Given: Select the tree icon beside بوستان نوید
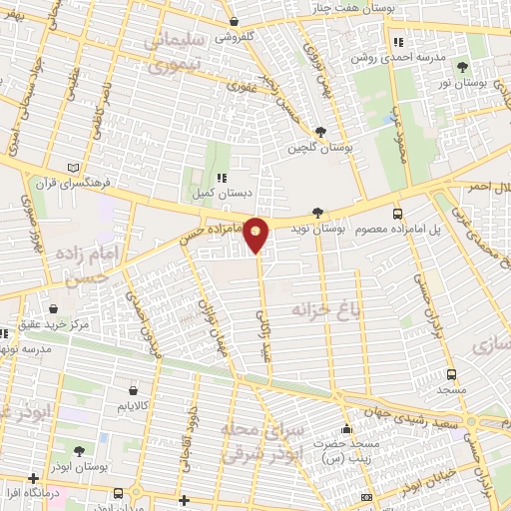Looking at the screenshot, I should point(317,212).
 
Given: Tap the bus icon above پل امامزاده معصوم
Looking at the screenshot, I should point(398,214).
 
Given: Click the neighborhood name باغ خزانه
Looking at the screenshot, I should point(324,310).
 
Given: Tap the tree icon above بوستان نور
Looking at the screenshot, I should point(462,67).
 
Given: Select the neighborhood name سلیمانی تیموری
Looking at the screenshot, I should point(188,52).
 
